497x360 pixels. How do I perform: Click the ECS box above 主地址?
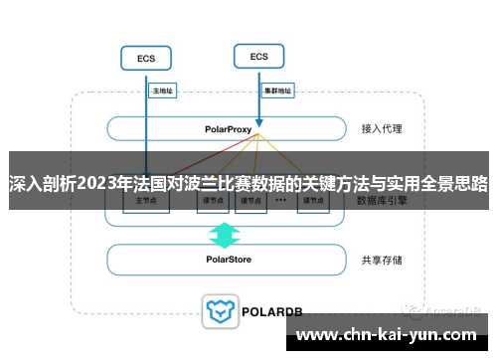[145, 59]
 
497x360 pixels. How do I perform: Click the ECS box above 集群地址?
[258, 57]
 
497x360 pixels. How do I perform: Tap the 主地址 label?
[161, 90]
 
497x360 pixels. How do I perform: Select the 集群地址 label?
[277, 90]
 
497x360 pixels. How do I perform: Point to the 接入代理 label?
[383, 129]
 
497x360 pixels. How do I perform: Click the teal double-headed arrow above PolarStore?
[225, 235]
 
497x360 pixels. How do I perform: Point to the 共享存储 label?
[383, 260]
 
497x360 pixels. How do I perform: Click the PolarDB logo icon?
[220, 311]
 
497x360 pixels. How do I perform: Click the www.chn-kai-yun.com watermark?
[388, 334]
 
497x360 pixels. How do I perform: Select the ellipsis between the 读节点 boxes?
[280, 200]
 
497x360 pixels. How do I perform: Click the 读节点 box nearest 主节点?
[210, 202]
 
